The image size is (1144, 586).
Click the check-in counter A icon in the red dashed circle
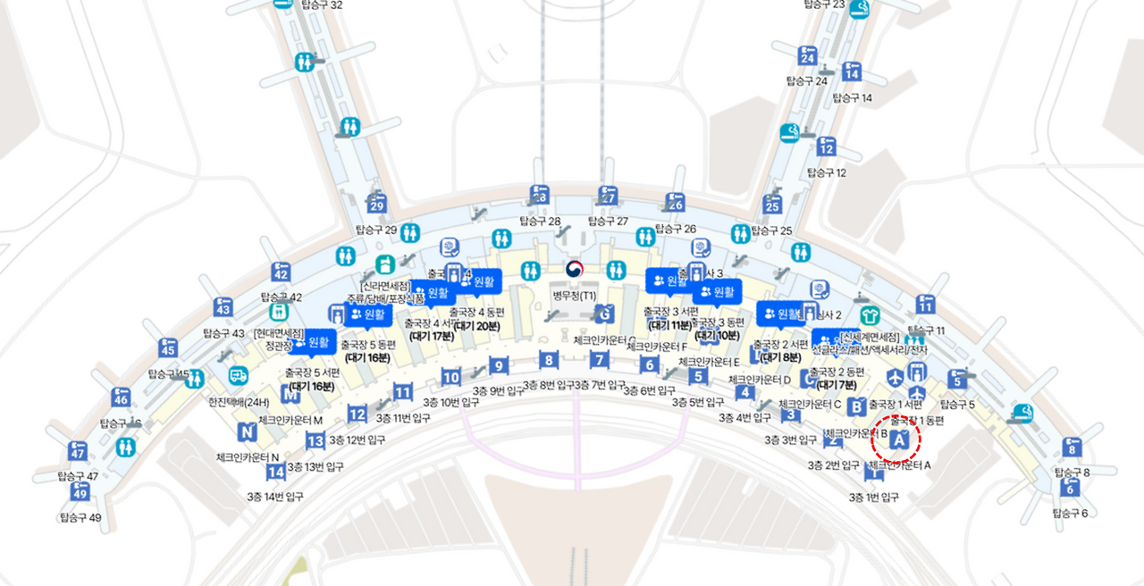pyautogui.click(x=900, y=439)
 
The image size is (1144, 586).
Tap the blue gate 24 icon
pyautogui.click(x=808, y=56)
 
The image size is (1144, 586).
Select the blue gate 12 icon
pyautogui.click(x=826, y=146)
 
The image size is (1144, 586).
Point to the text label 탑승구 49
pyautogui.click(x=80, y=517)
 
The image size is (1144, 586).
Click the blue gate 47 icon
pyautogui.click(x=78, y=450)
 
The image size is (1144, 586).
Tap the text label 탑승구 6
pyautogui.click(x=1070, y=513)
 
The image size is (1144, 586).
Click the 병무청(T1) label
pyautogui.click(x=574, y=294)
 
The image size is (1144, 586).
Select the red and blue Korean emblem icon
pyautogui.click(x=574, y=268)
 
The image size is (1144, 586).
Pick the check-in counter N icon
pyautogui.click(x=248, y=432)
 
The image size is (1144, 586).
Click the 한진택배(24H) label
pyautogui.click(x=239, y=401)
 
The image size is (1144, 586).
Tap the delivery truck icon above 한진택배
pyautogui.click(x=238, y=376)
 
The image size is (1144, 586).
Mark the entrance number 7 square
pyautogui.click(x=600, y=361)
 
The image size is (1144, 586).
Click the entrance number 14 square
pyautogui.click(x=277, y=472)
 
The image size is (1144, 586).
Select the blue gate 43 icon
pyautogui.click(x=223, y=308)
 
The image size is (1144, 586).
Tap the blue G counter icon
pyautogui.click(x=605, y=314)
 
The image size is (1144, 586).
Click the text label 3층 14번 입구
pyautogui.click(x=275, y=496)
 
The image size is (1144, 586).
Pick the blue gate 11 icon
pyautogui.click(x=925, y=305)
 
